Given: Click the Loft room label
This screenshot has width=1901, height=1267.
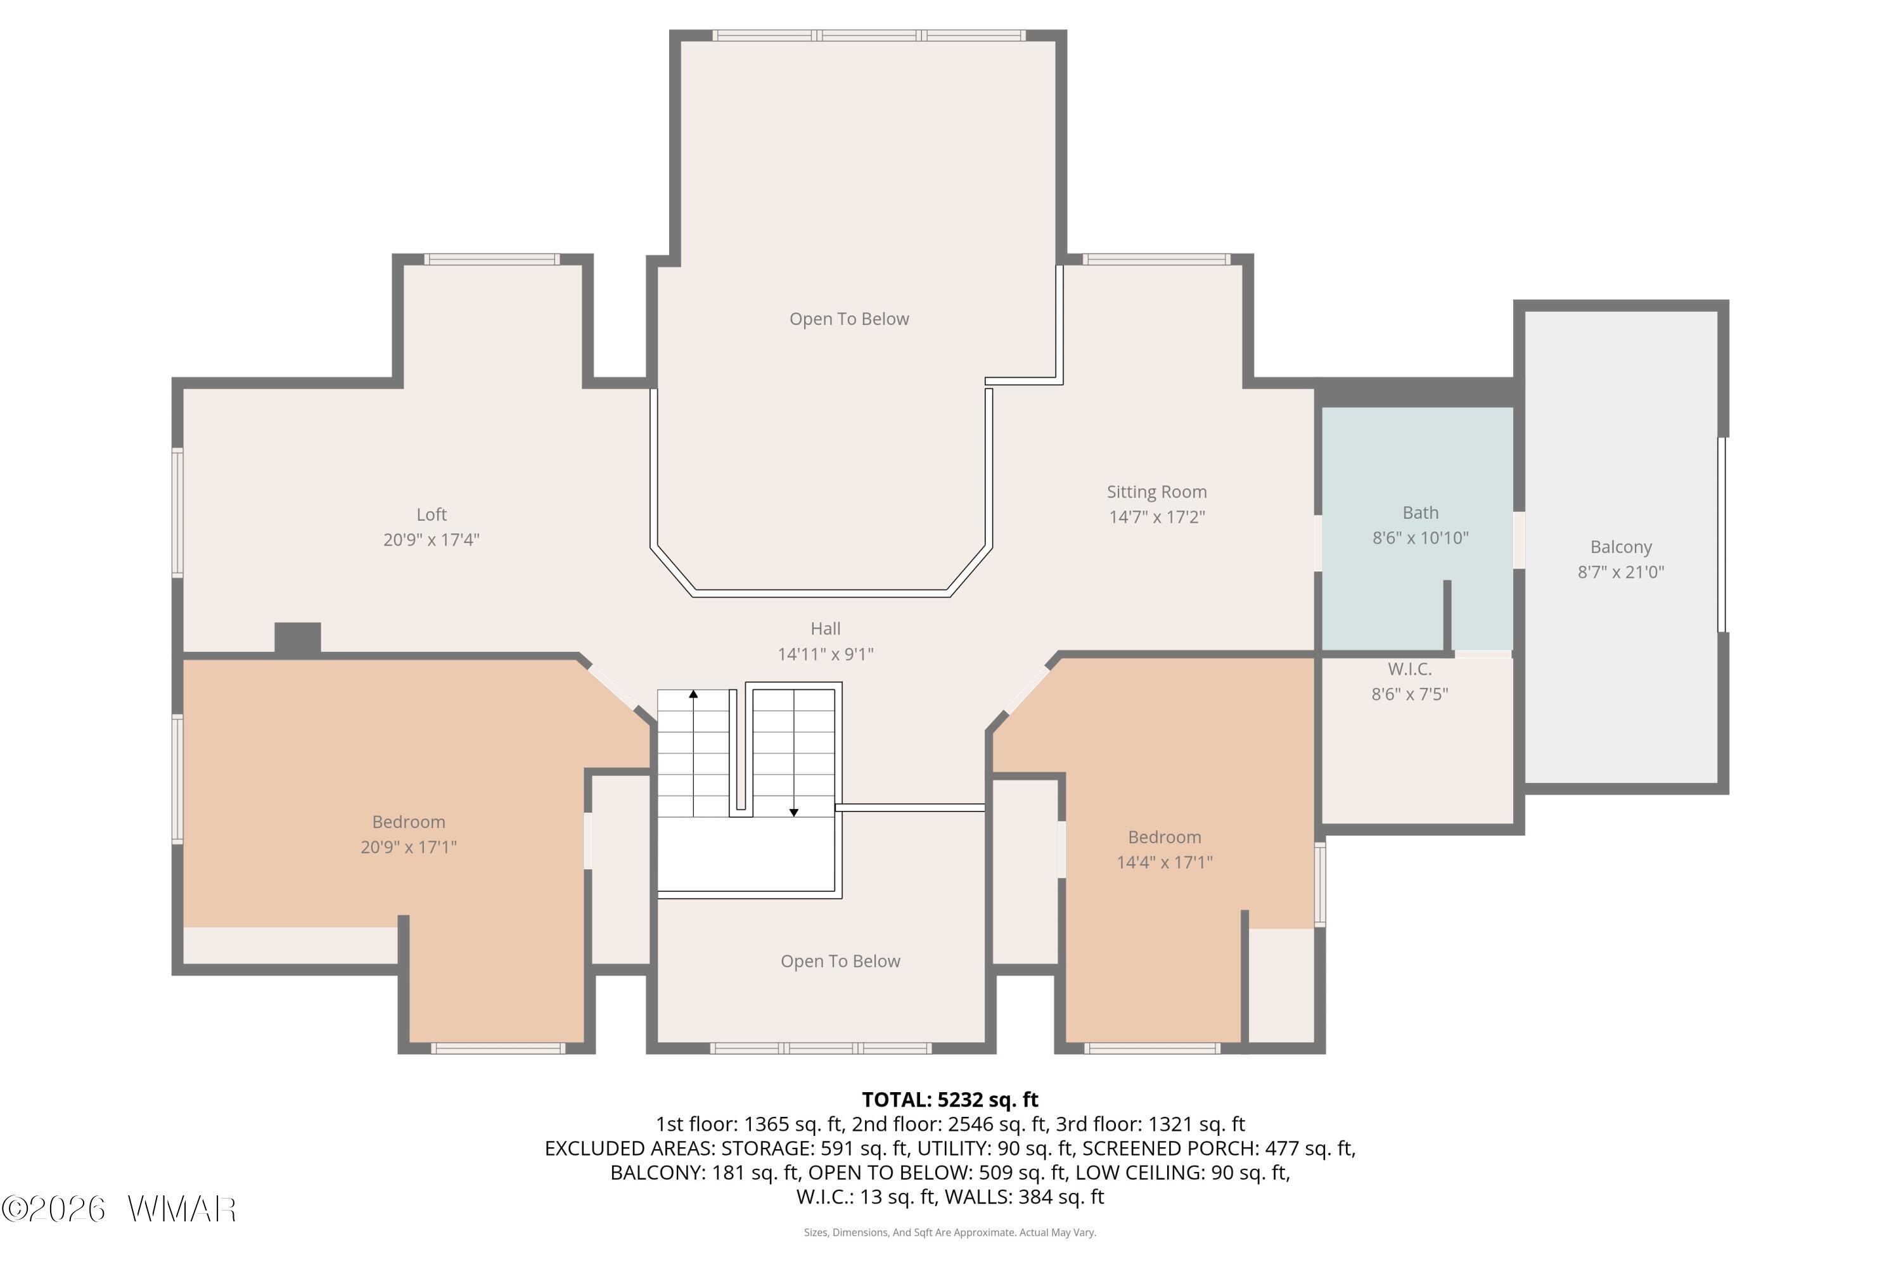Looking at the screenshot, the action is [x=432, y=514].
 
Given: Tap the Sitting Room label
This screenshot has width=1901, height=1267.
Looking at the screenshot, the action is [x=1156, y=492].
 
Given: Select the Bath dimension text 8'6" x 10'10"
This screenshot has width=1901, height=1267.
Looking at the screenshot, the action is [x=1420, y=538].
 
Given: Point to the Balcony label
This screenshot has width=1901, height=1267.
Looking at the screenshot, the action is [x=1620, y=548].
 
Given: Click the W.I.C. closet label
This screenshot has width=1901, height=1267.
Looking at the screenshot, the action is [x=1409, y=669].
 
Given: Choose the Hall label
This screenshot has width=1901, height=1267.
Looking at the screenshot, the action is [x=825, y=628].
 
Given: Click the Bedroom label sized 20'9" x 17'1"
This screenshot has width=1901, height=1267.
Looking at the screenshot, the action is [x=408, y=822].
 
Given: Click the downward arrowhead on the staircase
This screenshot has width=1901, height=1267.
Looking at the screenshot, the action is [x=794, y=812].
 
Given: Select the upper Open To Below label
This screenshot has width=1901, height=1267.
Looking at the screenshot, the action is [x=848, y=319].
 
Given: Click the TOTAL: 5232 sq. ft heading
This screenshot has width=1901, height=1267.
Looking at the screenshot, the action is [x=950, y=1100].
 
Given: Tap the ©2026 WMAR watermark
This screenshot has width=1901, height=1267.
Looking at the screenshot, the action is [x=119, y=1209].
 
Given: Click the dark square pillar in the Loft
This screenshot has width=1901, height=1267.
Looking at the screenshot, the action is [x=297, y=637].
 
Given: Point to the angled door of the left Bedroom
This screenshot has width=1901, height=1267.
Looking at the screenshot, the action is [x=613, y=686].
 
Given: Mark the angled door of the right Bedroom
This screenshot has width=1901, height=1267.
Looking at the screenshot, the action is [x=1027, y=689].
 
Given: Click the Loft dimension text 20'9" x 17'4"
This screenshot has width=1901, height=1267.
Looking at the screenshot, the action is [x=431, y=540].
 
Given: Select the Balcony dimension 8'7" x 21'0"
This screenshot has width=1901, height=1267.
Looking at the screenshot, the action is [x=1620, y=573].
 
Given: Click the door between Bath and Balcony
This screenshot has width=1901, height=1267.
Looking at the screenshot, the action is [x=1519, y=540].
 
